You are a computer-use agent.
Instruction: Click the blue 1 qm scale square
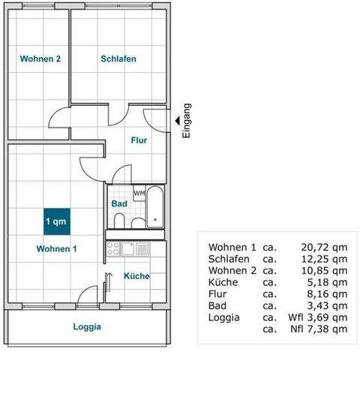pyautogui.click(x=57, y=221)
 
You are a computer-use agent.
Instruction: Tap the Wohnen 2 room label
pyautogui.click(x=40, y=59)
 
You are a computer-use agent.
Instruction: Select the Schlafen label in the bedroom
pyautogui.click(x=118, y=59)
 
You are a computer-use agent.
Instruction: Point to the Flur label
pyautogui.click(x=139, y=140)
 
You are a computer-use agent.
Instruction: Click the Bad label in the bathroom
pyautogui.click(x=118, y=203)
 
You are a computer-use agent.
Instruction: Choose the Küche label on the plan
pyautogui.click(x=136, y=275)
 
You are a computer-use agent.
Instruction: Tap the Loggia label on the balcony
pyautogui.click(x=87, y=326)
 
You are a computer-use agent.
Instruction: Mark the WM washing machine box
pyautogui.click(x=139, y=194)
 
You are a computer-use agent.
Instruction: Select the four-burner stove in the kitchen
pyautogui.click(x=113, y=248)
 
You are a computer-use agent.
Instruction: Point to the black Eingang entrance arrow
pyautogui.click(x=177, y=119)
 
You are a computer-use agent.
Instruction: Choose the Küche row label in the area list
pyautogui.click(x=223, y=282)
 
